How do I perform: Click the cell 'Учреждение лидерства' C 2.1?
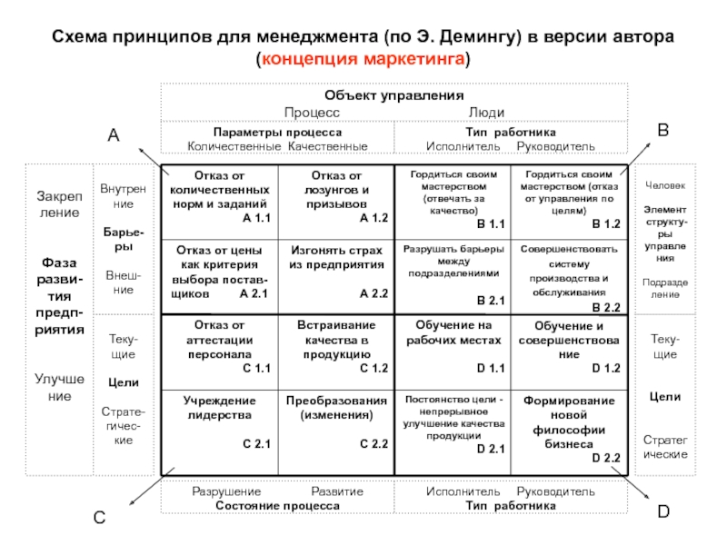click(x=219, y=422)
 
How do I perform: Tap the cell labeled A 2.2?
click(x=336, y=274)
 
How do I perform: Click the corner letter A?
click(x=114, y=135)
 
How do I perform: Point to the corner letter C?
click(x=99, y=519)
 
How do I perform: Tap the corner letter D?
click(x=663, y=513)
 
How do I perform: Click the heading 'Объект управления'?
click(x=394, y=95)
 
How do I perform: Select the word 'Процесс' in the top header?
click(x=312, y=110)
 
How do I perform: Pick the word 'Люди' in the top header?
click(x=486, y=110)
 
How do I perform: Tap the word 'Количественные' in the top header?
click(x=234, y=146)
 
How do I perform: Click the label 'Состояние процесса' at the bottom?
click(x=277, y=504)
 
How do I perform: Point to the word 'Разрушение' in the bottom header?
click(x=223, y=491)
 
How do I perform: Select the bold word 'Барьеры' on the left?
click(x=120, y=239)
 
